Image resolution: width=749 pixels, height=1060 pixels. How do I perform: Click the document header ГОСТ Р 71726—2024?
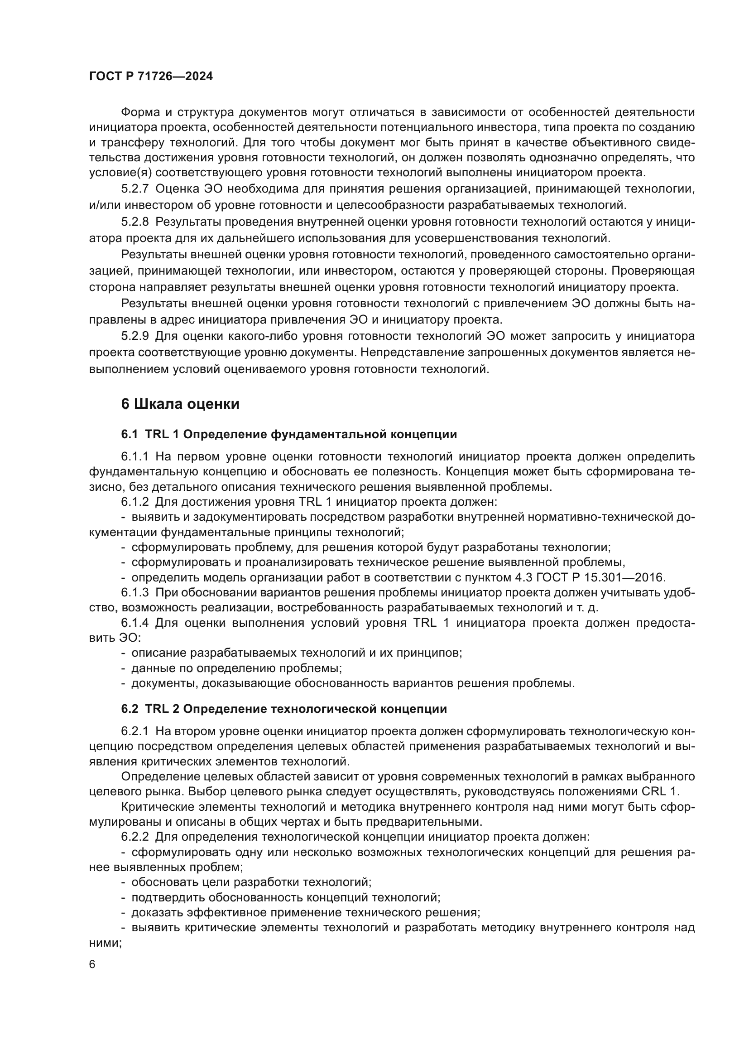(151, 77)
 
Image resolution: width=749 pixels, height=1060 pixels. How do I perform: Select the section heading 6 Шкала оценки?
(180, 404)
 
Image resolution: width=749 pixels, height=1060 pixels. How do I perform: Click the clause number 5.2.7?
(134, 189)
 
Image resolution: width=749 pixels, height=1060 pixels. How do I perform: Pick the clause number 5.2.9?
(134, 336)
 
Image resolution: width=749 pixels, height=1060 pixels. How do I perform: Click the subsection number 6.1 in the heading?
(130, 435)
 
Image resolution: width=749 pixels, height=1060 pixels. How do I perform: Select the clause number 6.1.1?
(134, 457)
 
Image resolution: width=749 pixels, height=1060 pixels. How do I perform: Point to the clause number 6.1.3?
(134, 592)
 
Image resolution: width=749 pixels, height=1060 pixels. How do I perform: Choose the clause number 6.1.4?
(134, 623)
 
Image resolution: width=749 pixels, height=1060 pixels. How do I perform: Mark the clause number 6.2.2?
(134, 837)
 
